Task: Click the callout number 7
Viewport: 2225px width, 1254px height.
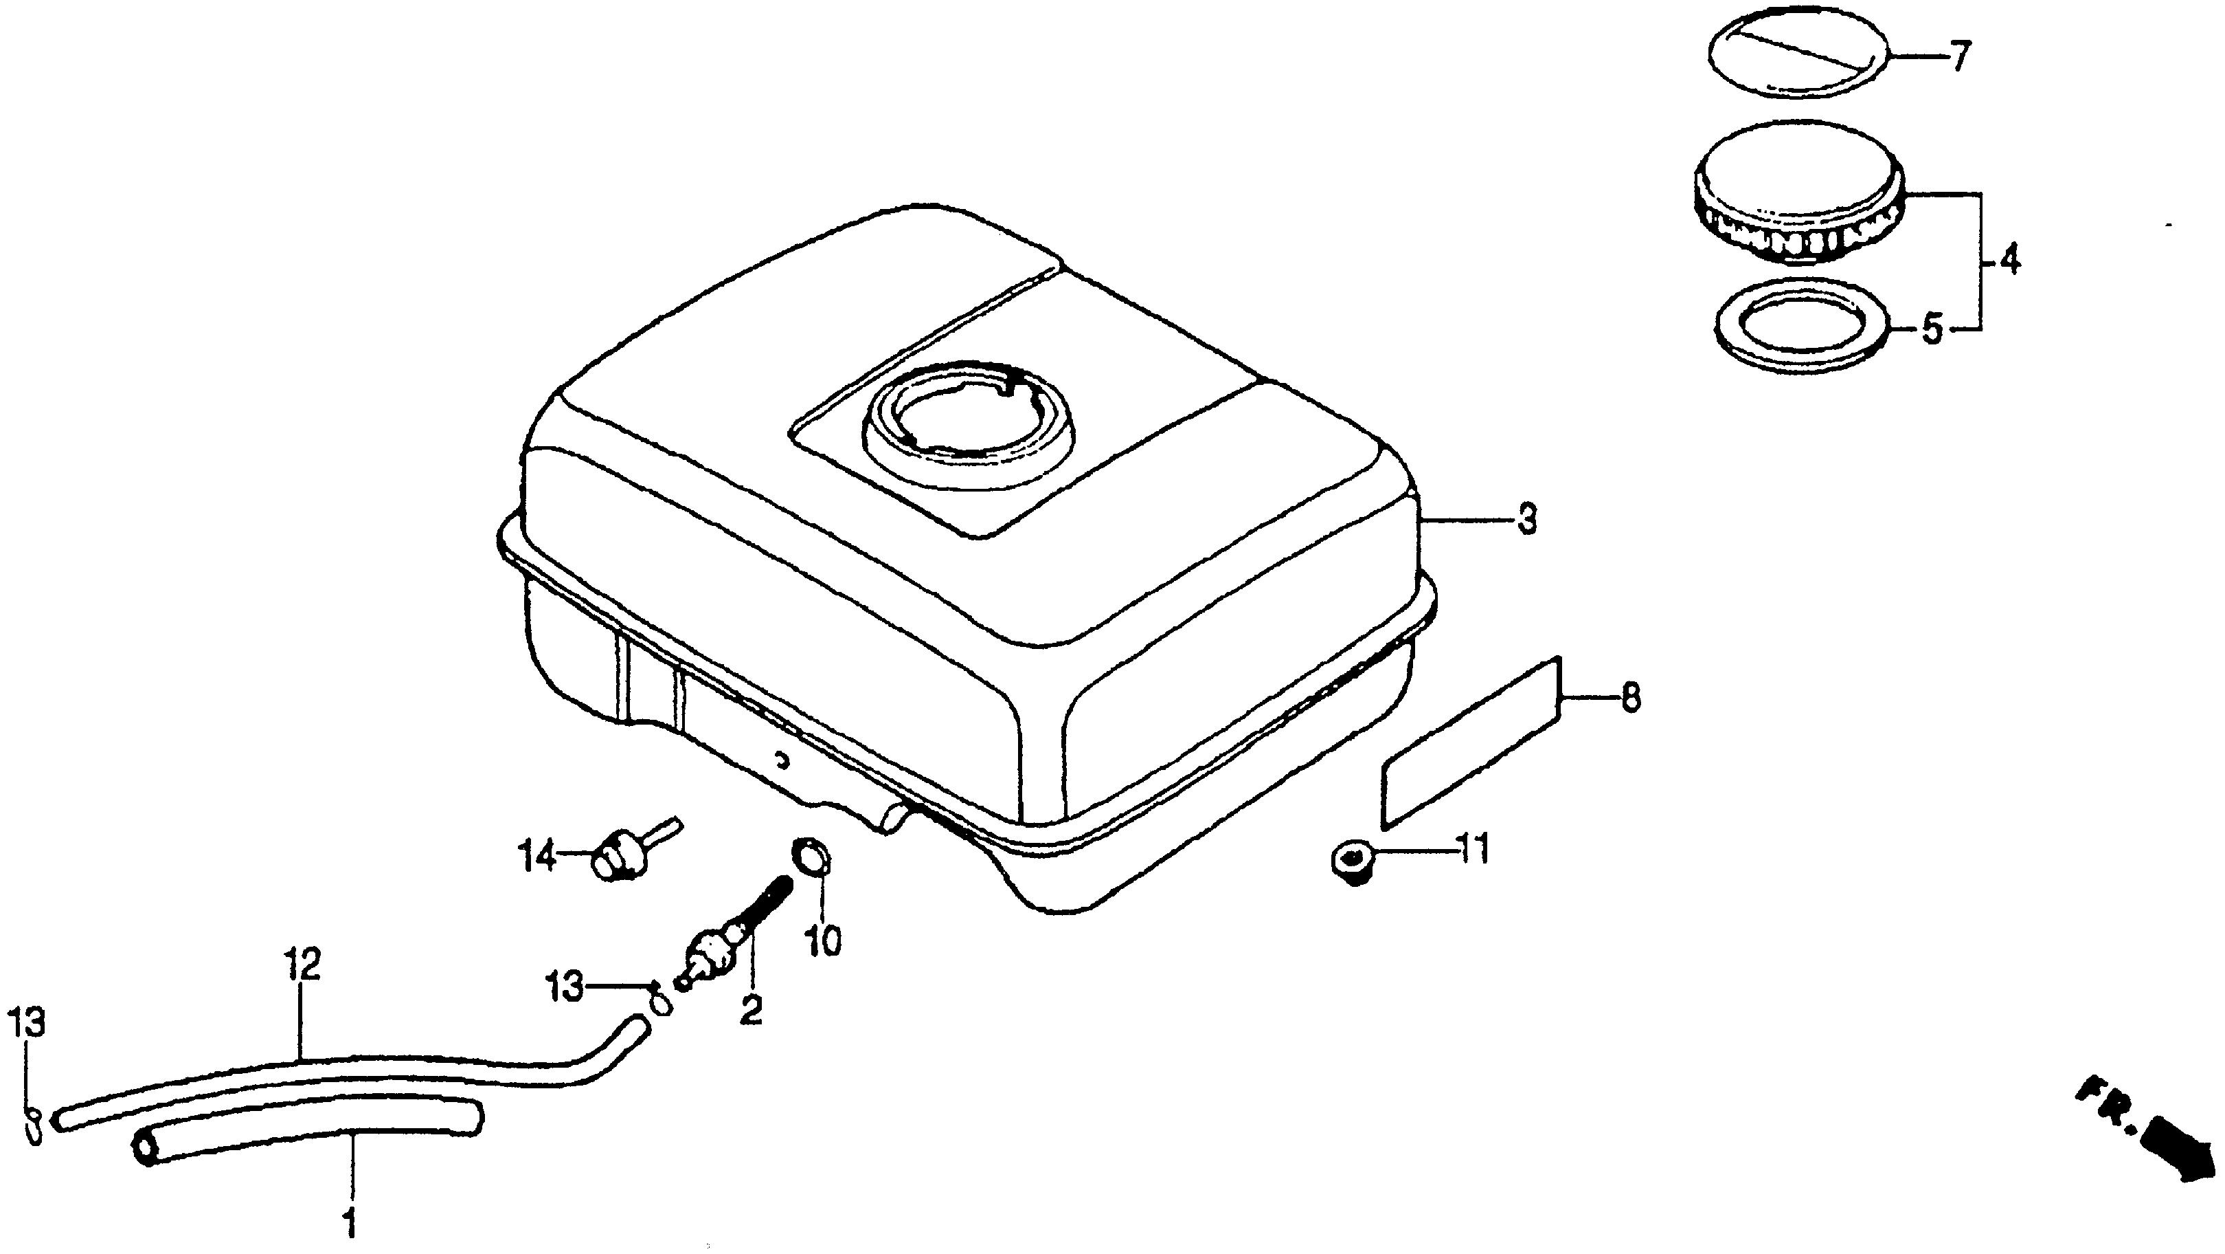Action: [1957, 58]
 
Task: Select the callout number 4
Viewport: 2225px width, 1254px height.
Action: [2010, 259]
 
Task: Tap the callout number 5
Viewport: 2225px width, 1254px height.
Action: [1932, 330]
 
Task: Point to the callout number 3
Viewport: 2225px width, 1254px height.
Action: [1527, 521]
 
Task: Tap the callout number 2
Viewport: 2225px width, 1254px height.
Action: [751, 1009]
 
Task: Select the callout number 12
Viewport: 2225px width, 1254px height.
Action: [302, 965]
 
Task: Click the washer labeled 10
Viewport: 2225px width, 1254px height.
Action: [812, 858]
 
